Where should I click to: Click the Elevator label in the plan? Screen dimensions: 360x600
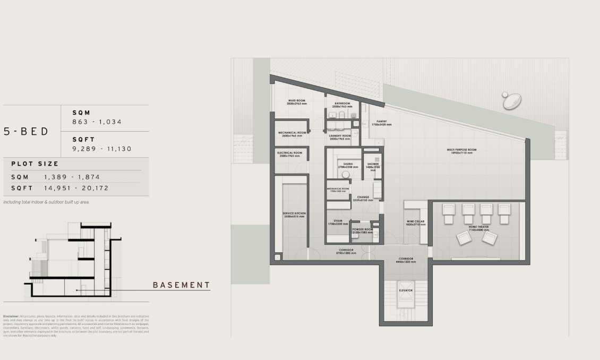click(406, 290)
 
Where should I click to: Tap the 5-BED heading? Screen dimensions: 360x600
click(26, 132)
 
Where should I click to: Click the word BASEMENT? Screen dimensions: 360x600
click(181, 285)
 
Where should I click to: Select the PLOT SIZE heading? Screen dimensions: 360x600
click(35, 164)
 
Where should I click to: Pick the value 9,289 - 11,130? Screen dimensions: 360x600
click(102, 149)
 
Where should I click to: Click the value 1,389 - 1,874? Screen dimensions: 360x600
click(72, 177)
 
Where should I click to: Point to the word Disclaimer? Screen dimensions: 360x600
click(11, 316)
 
